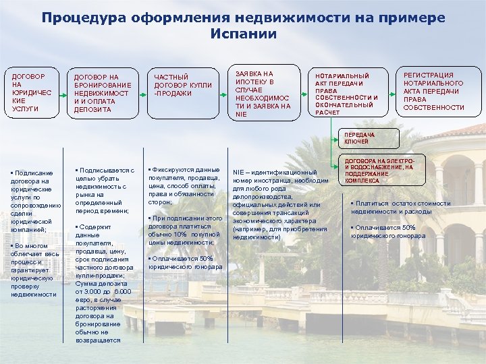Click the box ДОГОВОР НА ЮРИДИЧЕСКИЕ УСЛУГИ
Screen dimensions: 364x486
[x=32, y=93]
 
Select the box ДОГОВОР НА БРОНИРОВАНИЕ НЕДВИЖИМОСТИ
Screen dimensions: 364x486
[x=104, y=93]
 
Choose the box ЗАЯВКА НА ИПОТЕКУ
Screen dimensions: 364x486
[x=264, y=93]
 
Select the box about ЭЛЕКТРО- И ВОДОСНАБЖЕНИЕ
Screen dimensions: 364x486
[x=378, y=171]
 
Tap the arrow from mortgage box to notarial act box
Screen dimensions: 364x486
[x=304, y=93]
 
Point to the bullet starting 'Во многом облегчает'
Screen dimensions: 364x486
[x=34, y=270]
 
